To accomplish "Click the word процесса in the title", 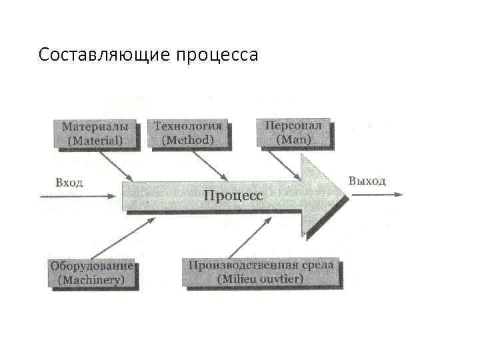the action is point(217,55).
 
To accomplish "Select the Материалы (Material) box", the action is point(95,133).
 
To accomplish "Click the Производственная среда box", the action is point(261,272).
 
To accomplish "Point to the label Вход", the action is point(69,182).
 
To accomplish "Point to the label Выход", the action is point(367,181).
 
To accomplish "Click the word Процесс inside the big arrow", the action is point(233,195).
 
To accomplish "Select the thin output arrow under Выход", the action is point(377,195).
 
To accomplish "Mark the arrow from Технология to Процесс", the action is point(207,165).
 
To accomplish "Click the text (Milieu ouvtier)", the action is point(261,279).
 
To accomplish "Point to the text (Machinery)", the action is point(91,281).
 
